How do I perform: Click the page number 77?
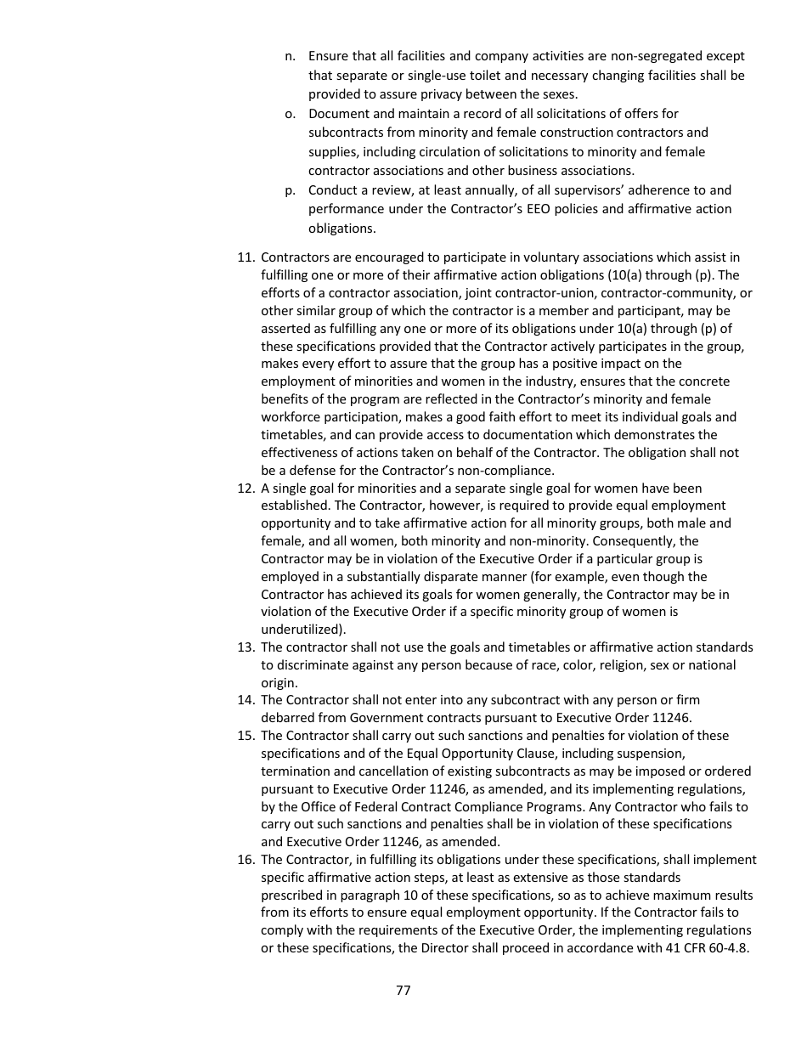tap(403, 991)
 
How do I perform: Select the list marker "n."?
tap(290, 56)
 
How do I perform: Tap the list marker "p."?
tap(290, 190)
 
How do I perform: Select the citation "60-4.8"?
tap(728, 948)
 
